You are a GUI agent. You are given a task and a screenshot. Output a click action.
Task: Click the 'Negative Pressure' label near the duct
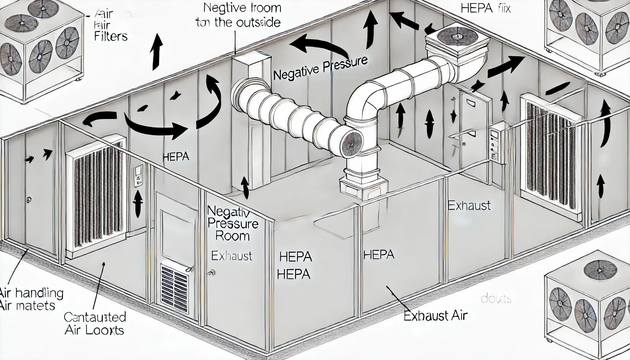click(x=320, y=69)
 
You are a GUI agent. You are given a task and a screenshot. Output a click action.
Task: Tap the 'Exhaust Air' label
click(x=435, y=315)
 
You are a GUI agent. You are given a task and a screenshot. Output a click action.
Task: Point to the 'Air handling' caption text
click(x=32, y=293)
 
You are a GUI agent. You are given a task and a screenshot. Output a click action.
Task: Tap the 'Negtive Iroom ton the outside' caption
click(x=239, y=15)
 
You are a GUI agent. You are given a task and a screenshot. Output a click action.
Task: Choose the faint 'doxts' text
click(x=496, y=299)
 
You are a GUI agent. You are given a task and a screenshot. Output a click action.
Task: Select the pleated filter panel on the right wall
click(x=550, y=155)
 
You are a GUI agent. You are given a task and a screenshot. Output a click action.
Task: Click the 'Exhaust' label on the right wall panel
click(x=469, y=205)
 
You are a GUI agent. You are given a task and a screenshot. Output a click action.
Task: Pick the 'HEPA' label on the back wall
click(x=176, y=156)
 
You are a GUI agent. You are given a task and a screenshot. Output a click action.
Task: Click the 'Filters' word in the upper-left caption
click(x=111, y=36)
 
